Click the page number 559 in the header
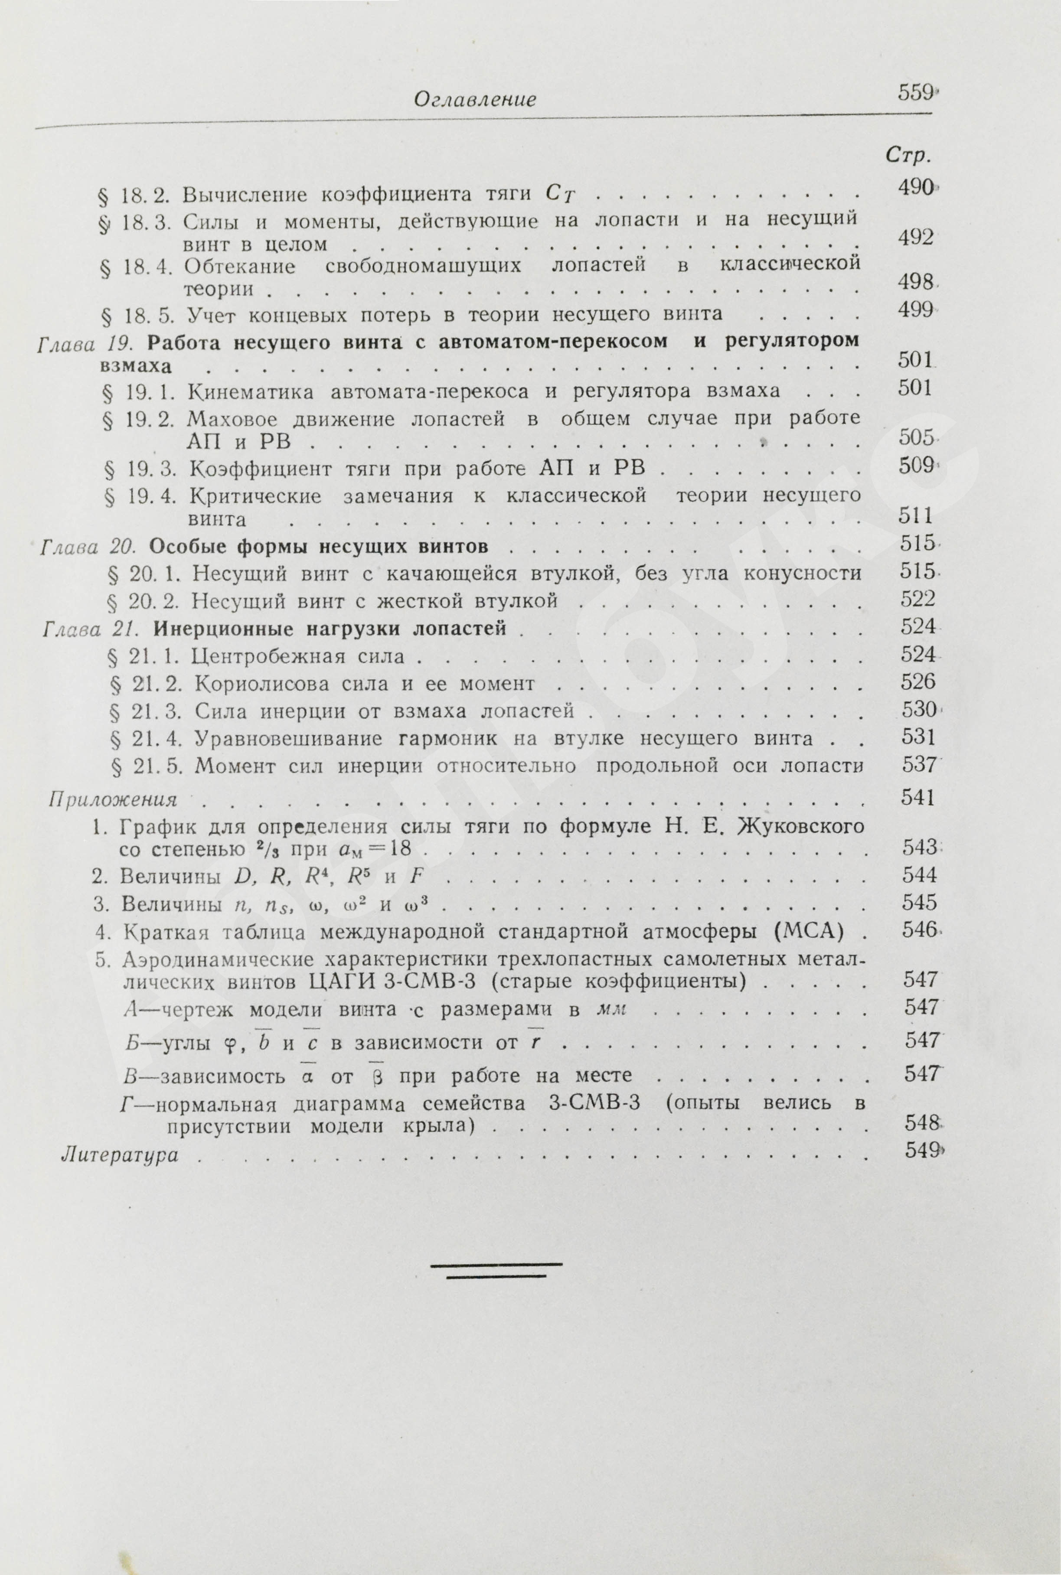click(915, 93)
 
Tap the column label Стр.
click(906, 156)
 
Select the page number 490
click(915, 187)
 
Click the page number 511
click(915, 516)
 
